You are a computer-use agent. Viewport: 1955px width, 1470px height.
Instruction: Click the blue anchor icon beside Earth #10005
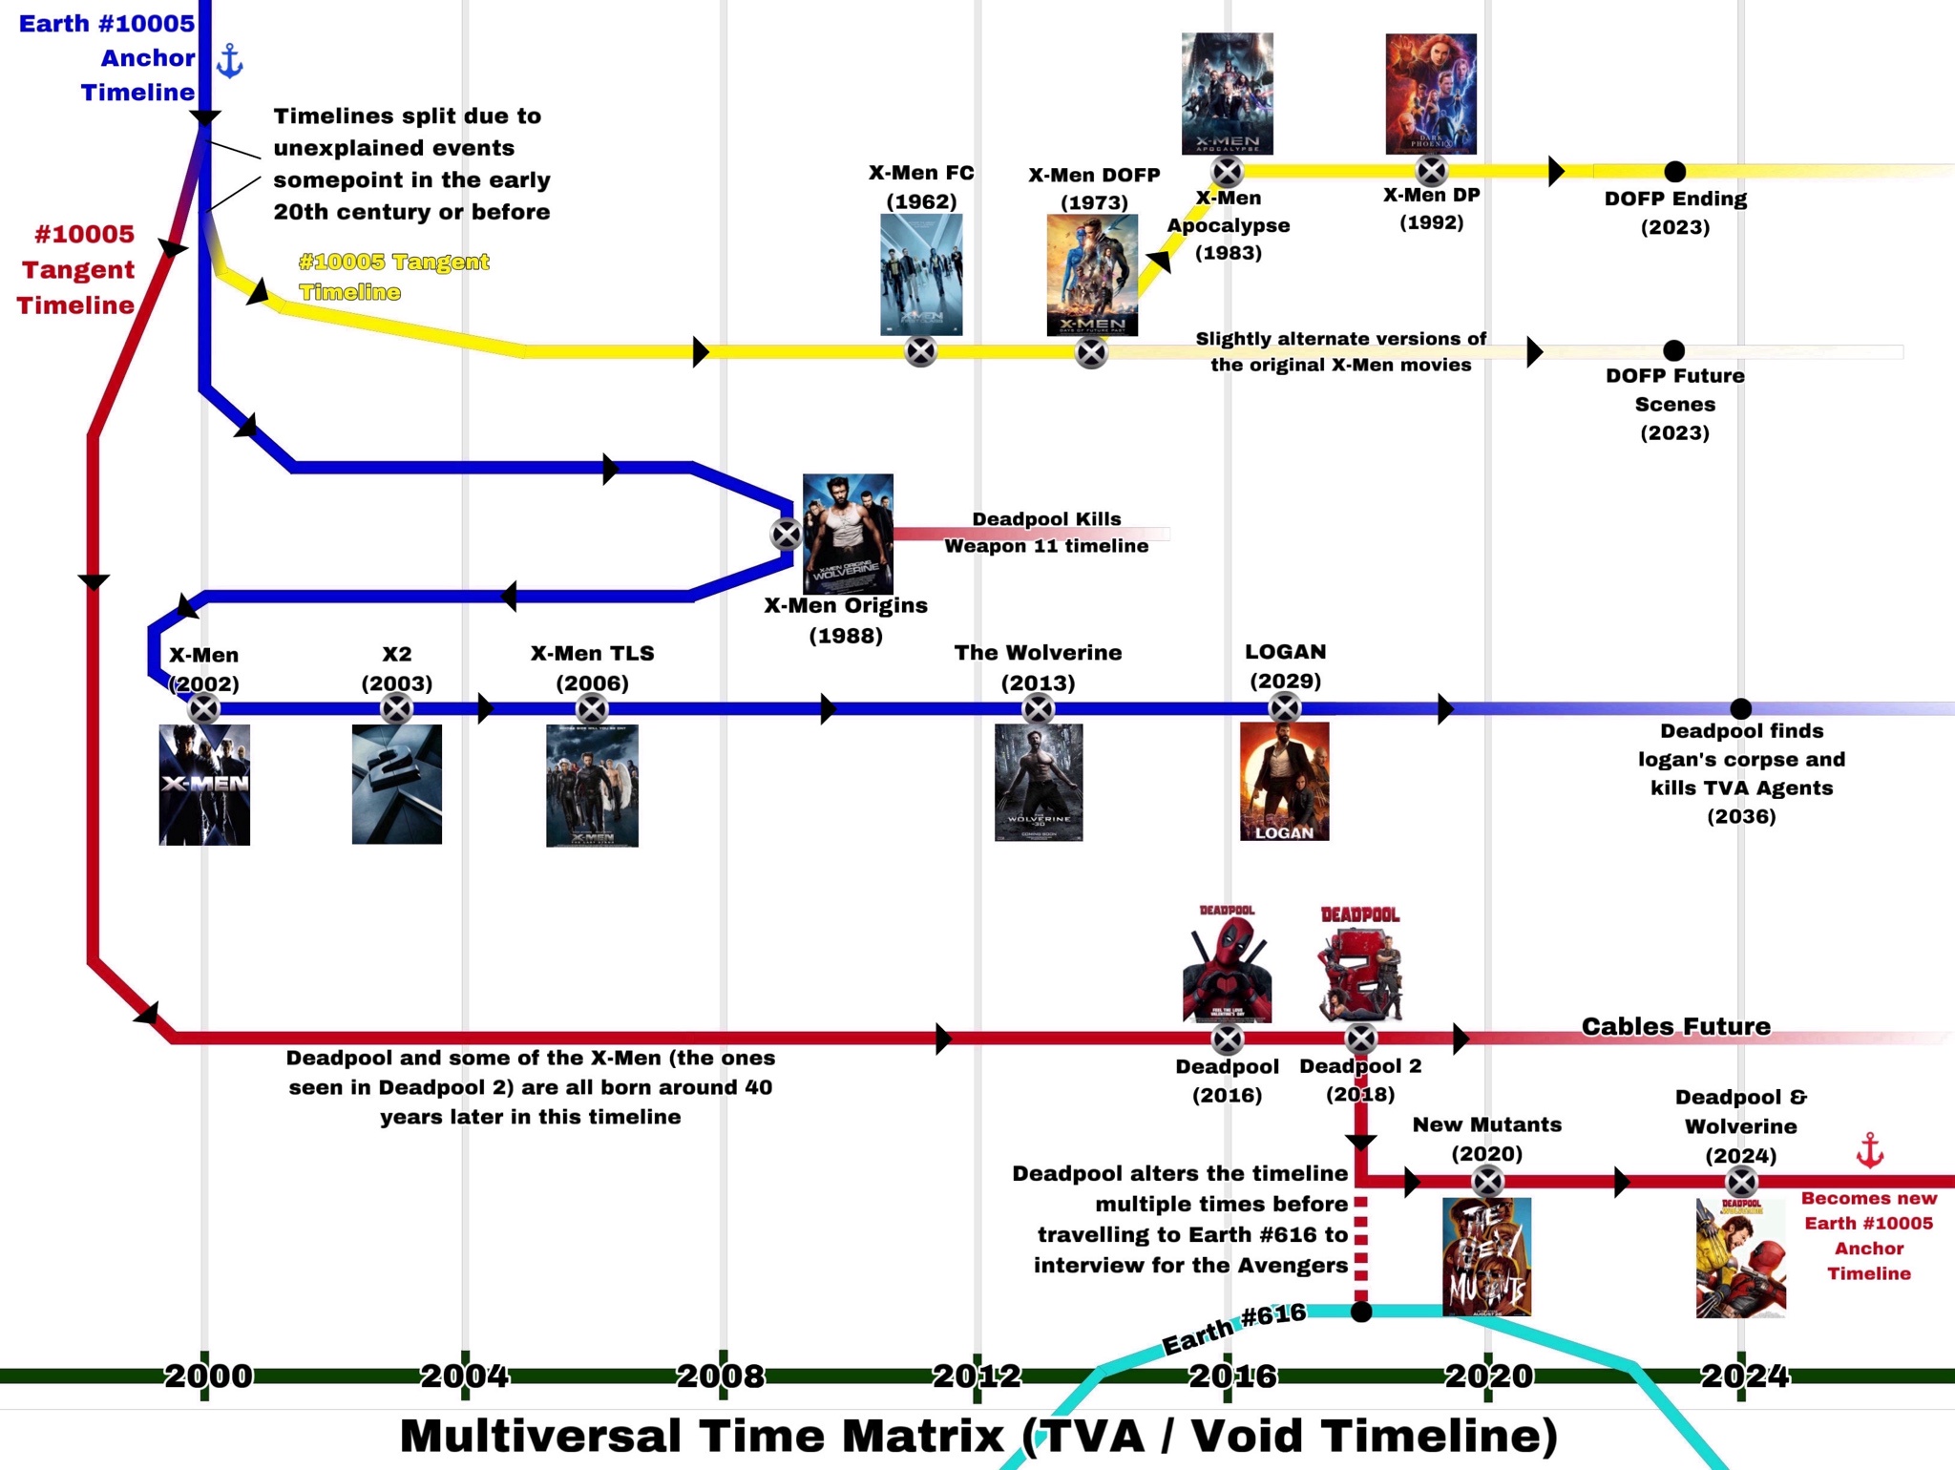tap(230, 60)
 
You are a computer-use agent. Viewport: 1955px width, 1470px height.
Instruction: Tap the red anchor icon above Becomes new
tap(1869, 1150)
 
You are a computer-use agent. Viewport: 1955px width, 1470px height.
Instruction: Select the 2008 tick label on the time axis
tap(721, 1375)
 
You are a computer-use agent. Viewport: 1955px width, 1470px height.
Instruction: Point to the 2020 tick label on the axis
tap(1488, 1375)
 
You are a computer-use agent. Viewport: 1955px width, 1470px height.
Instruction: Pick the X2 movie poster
tap(397, 784)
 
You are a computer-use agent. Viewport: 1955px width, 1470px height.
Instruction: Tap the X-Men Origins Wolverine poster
tap(848, 534)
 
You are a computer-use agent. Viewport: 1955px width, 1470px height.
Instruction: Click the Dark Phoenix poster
tap(1431, 94)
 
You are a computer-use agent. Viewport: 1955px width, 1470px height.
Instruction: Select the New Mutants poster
tap(1486, 1256)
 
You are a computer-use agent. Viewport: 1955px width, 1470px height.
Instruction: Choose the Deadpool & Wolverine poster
tap(1740, 1258)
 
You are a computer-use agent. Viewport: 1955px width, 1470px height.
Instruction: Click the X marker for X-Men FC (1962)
tap(920, 352)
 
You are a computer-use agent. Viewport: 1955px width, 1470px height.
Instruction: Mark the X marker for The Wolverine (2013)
tap(1038, 709)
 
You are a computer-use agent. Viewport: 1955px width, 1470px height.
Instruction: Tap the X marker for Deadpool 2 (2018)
tap(1360, 1039)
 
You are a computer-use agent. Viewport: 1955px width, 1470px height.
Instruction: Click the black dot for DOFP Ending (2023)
tap(1674, 172)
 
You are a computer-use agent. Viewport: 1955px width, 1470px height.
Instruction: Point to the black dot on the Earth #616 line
tap(1361, 1312)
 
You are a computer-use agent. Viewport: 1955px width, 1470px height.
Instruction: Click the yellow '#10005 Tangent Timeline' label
tap(393, 277)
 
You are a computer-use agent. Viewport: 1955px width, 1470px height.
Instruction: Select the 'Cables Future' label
tap(1675, 1027)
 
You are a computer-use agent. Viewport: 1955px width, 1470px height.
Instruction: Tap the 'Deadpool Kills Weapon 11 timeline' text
tap(1046, 533)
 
